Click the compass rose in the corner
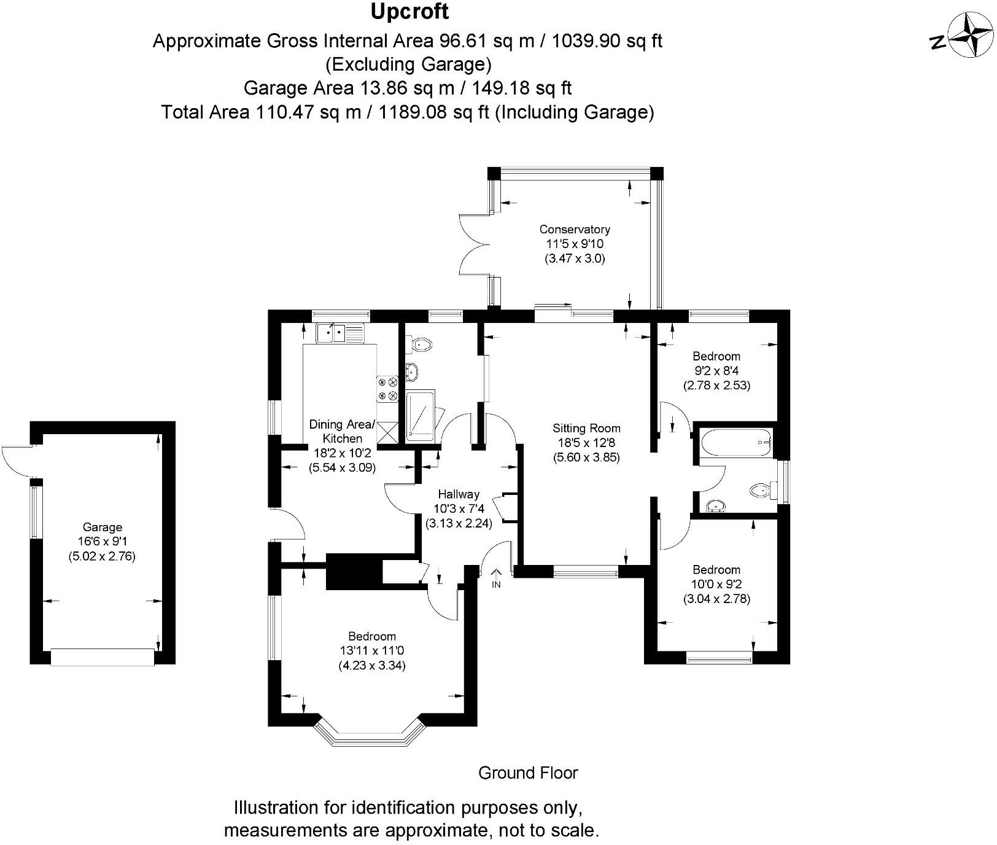tap(969, 37)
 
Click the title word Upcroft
tap(409, 12)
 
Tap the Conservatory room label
tap(575, 230)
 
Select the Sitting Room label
tap(586, 429)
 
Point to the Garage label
tap(103, 527)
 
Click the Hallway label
tap(459, 494)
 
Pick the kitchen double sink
tap(333, 333)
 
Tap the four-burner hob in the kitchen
tap(388, 389)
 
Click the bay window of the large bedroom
tap(370, 731)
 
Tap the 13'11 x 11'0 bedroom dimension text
tap(372, 651)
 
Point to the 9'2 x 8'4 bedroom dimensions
tap(716, 371)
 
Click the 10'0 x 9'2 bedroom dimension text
tap(716, 584)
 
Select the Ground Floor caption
tap(528, 773)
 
